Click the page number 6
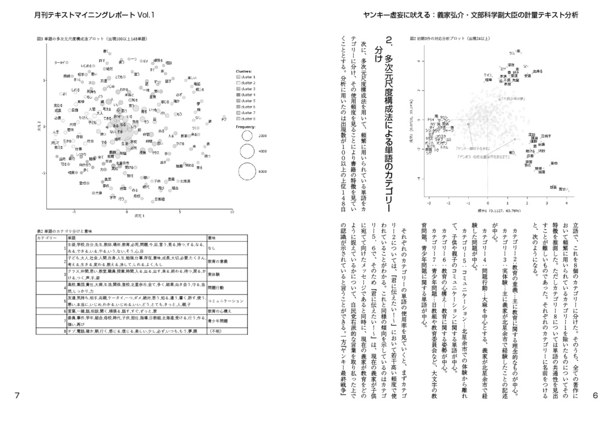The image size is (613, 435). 595,396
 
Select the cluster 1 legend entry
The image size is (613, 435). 247,77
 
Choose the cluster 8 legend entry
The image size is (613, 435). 247,118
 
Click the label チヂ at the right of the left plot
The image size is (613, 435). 223,118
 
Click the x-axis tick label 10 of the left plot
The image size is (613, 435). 232,212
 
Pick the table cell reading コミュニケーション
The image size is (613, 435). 224,301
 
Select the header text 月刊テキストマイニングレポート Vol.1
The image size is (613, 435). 94,15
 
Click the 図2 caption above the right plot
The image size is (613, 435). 450,39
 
